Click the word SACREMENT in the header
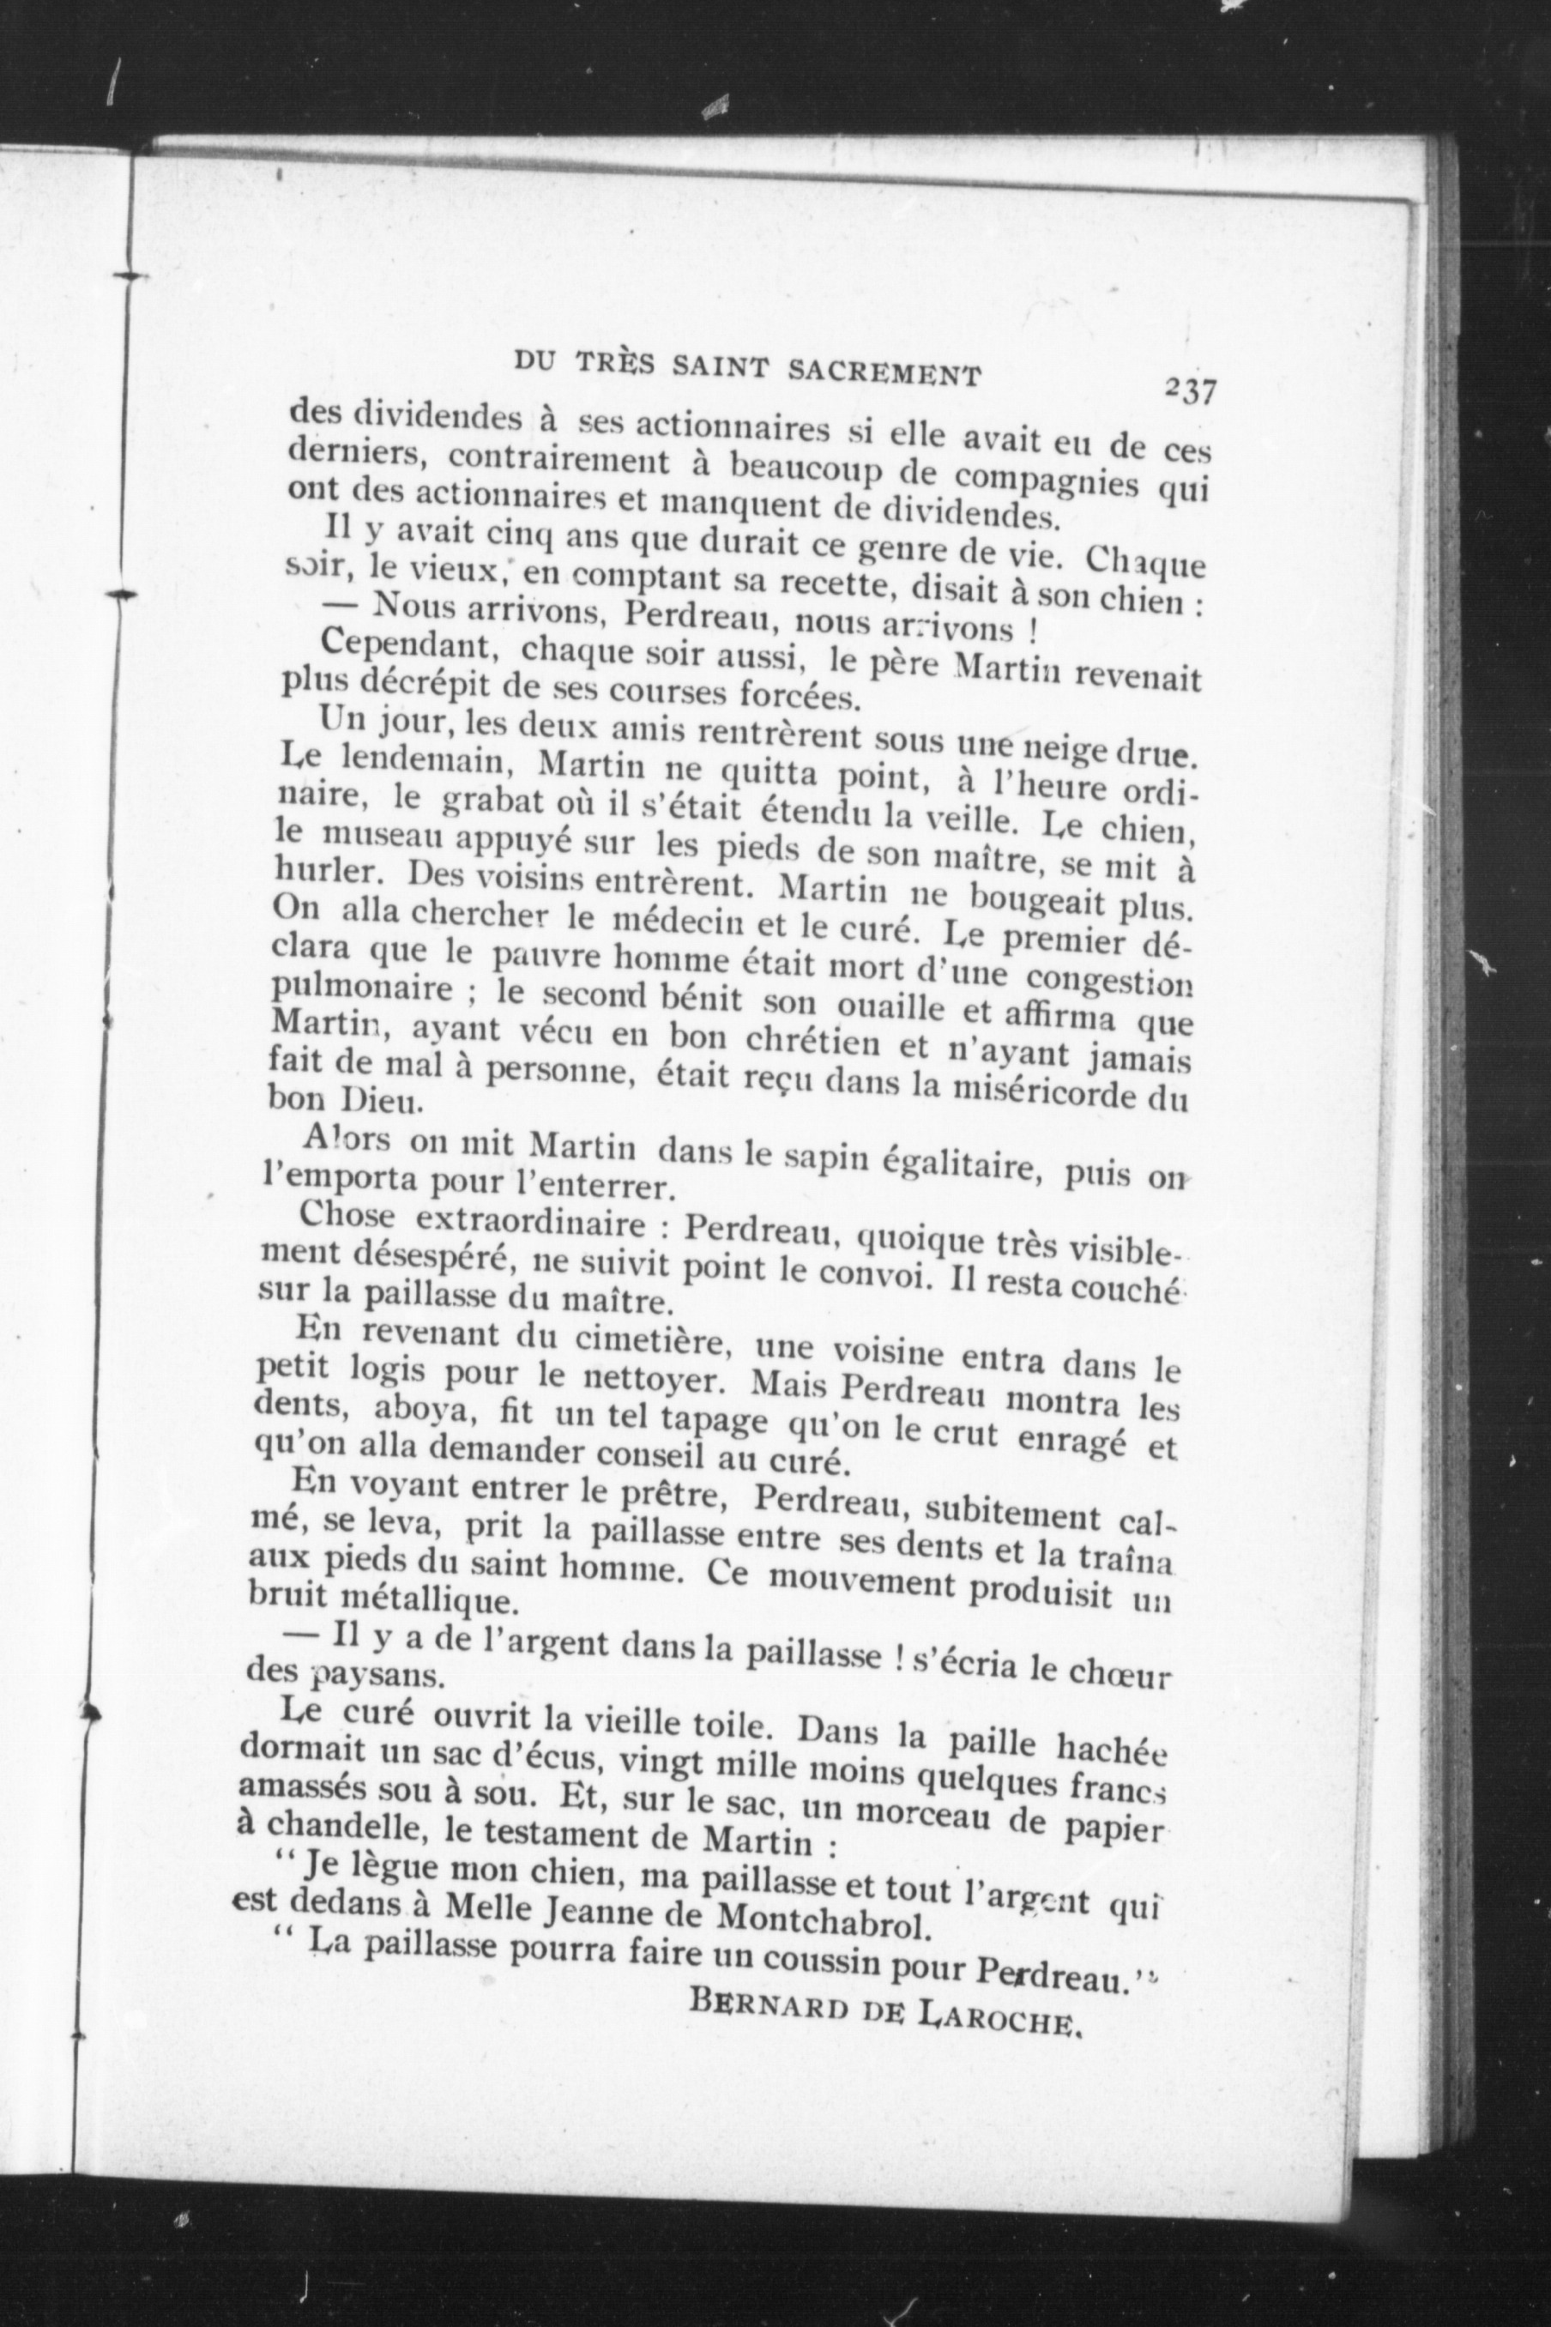coord(886,372)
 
